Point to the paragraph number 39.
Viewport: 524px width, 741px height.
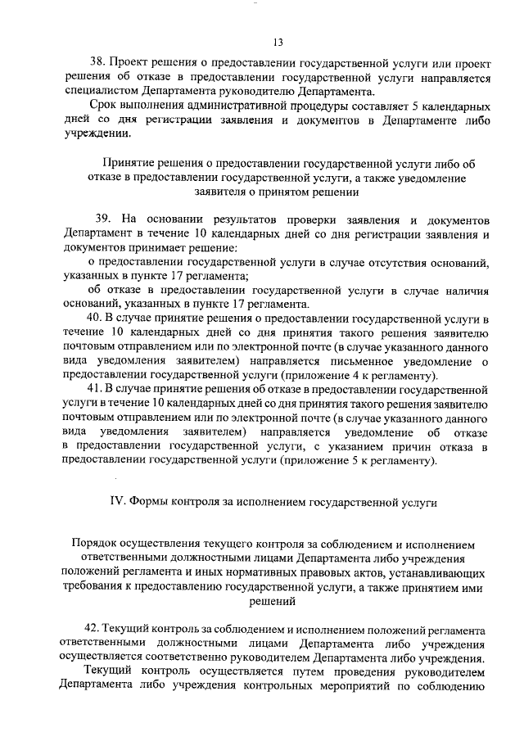(102, 220)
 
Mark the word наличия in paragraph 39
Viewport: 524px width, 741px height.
(467, 291)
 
